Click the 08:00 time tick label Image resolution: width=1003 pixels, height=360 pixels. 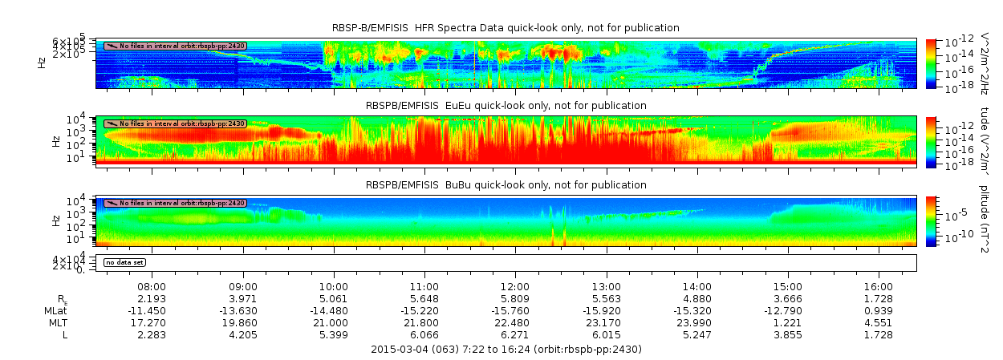[x=152, y=286]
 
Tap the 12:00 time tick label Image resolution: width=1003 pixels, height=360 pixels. [x=515, y=286]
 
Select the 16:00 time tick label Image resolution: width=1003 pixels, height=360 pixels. [x=879, y=286]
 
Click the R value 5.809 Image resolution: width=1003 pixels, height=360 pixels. [x=515, y=298]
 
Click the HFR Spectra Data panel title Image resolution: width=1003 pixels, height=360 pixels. [x=506, y=28]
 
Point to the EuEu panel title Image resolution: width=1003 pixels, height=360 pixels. [x=506, y=106]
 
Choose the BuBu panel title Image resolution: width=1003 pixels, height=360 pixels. [x=506, y=185]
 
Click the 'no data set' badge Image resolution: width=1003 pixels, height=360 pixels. [x=125, y=262]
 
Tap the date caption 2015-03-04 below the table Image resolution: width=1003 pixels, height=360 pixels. [x=506, y=350]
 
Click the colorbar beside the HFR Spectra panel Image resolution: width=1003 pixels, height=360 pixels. [x=931, y=63]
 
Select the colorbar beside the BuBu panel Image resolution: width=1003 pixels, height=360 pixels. [x=931, y=220]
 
